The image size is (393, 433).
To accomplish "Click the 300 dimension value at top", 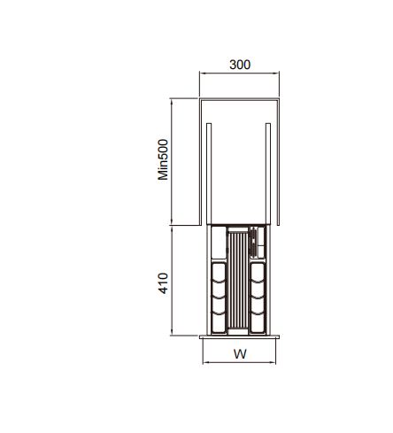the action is click(x=240, y=65).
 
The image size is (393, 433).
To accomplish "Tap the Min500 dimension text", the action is click(x=163, y=159).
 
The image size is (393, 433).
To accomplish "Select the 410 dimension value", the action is click(x=163, y=283).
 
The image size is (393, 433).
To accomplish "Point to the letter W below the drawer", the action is click(x=240, y=353).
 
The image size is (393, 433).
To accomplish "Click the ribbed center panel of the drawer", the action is click(x=238, y=281).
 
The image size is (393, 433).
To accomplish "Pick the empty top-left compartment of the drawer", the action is click(x=219, y=243).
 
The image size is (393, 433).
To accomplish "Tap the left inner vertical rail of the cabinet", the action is click(x=209, y=174).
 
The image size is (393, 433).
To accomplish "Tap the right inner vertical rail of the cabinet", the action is click(x=268, y=174).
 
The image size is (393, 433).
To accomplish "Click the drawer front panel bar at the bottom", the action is click(x=239, y=336).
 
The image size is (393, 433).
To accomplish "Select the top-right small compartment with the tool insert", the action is click(x=258, y=243).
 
